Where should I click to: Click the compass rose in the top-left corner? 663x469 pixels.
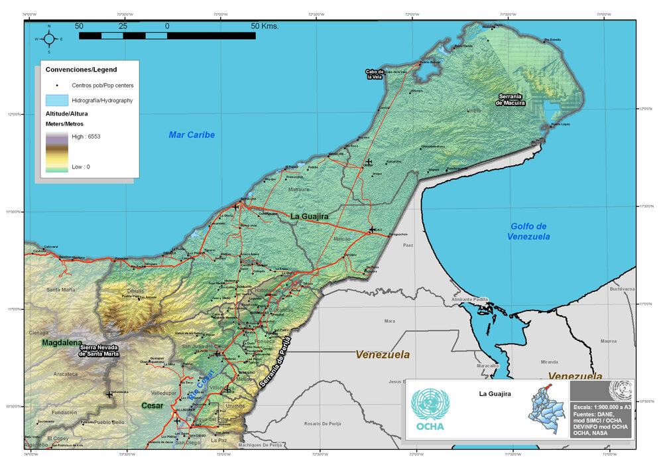(x=49, y=38)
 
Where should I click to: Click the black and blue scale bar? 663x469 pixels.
(x=167, y=35)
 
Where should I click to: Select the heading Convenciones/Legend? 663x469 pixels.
(x=81, y=70)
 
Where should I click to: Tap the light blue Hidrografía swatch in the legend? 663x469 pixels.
(x=57, y=101)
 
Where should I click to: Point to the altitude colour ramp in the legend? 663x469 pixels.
(x=56, y=152)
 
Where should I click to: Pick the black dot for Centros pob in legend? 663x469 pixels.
(x=57, y=86)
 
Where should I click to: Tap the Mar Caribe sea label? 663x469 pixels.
(x=192, y=135)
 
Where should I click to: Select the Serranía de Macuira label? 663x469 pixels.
(x=512, y=100)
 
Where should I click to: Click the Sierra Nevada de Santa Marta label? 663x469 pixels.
(x=99, y=350)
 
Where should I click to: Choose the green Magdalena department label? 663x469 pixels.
(x=62, y=343)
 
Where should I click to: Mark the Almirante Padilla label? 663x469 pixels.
(x=469, y=299)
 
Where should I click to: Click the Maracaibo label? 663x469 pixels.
(x=487, y=366)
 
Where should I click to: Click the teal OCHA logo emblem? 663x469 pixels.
(x=430, y=404)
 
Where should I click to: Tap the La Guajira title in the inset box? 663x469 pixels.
(x=495, y=393)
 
